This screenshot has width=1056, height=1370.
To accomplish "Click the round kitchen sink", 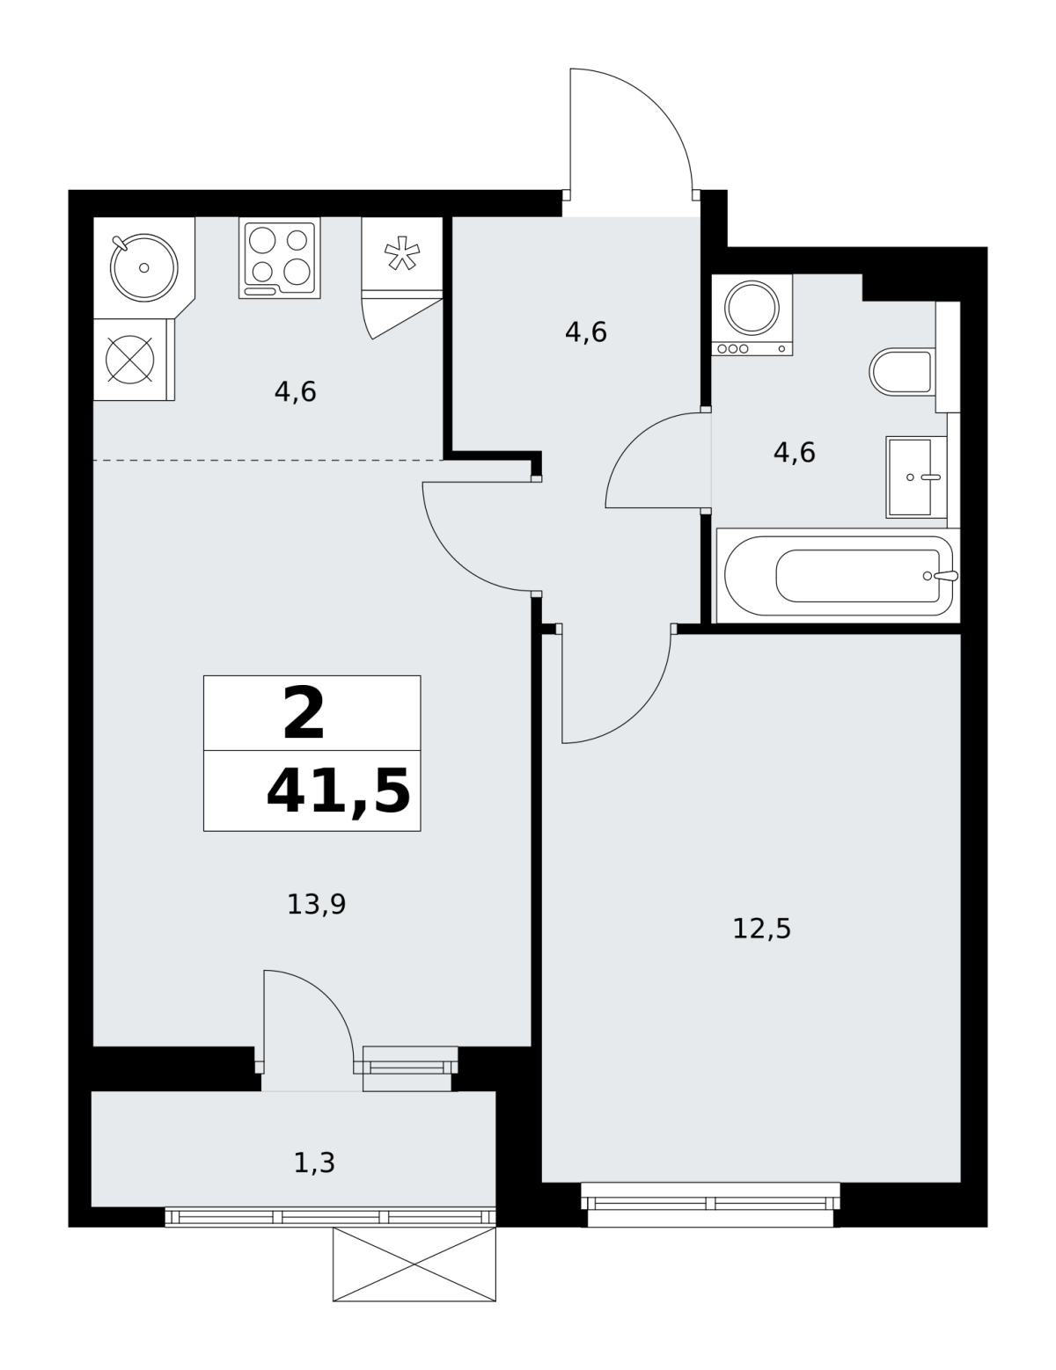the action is coord(143,267).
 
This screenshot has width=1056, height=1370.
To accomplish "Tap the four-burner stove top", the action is coord(280,258).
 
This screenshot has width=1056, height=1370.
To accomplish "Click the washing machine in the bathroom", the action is coord(752,315).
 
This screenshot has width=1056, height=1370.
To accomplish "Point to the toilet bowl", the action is coord(900,372).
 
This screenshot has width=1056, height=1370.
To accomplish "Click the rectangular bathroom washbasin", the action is coord(916,477).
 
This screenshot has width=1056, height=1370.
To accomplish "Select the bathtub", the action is coord(838,576).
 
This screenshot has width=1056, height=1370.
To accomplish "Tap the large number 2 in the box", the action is coord(304,714).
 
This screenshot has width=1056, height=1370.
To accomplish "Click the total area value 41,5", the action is coord(338,792).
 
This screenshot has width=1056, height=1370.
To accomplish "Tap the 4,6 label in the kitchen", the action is coord(295,391).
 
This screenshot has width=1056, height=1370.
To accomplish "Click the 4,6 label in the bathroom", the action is coord(795,453).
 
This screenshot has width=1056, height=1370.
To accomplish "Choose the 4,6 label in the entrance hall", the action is coord(586,332).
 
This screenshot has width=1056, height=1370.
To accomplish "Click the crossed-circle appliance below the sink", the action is coord(130,360).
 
